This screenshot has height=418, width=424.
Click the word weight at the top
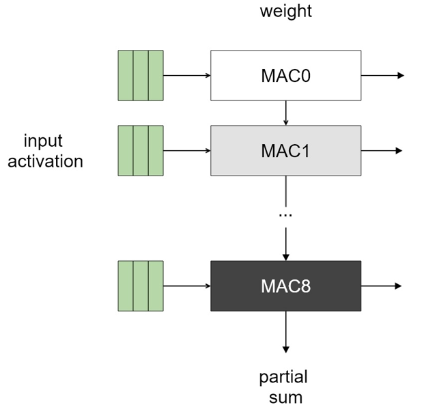(285, 12)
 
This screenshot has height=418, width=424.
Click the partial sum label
(283, 387)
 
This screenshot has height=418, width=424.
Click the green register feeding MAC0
(141, 75)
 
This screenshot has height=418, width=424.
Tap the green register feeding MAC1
(141, 150)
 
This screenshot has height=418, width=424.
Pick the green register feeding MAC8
(141, 285)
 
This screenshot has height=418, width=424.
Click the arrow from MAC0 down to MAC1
(285, 113)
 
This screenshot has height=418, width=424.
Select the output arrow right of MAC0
(382, 75)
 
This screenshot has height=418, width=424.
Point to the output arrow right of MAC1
(382, 150)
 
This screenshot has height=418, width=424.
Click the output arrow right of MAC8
(382, 285)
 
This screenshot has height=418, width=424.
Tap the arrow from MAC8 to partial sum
(285, 332)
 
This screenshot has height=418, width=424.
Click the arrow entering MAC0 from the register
(186, 75)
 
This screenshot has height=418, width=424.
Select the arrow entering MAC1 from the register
(186, 150)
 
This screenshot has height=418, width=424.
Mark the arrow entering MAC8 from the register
(186, 285)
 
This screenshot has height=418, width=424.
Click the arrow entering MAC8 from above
(285, 242)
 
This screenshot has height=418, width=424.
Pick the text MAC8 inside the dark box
(285, 285)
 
